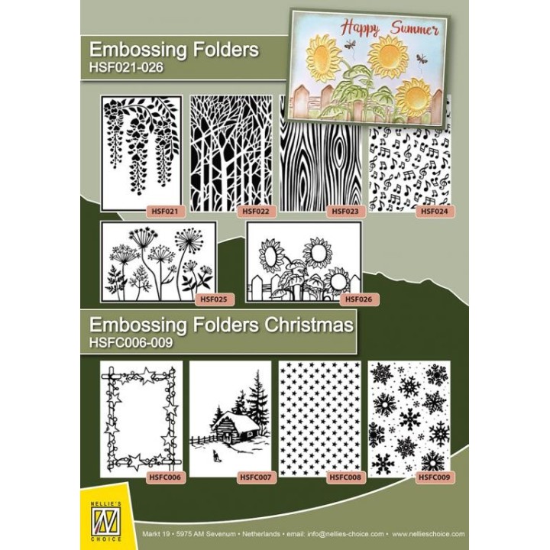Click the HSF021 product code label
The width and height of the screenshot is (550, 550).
pos(164,212)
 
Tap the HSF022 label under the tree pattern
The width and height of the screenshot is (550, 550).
pos(256,212)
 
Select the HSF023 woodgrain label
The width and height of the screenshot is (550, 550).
pos(345,212)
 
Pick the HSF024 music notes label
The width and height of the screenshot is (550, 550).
pos(434,212)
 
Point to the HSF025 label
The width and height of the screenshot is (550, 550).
pos(214,299)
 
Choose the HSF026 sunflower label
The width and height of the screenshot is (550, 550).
pos(358,299)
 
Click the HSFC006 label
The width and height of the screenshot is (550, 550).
pos(165,477)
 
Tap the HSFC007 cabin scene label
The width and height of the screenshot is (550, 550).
pos(256,477)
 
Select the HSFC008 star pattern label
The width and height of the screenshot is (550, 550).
pos(345,477)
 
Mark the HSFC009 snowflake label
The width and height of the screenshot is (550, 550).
pos(434,477)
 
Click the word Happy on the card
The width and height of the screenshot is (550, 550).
pos(360,27)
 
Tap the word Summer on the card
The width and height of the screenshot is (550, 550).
pos(415,29)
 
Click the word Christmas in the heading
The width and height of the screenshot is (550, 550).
pos(309,325)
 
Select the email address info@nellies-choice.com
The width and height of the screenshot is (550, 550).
pos(345,534)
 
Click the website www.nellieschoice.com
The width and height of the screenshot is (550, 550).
pos(429,534)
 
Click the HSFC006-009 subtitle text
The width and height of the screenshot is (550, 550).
pos(131,342)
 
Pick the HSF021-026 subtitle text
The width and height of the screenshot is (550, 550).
pos(126,67)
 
